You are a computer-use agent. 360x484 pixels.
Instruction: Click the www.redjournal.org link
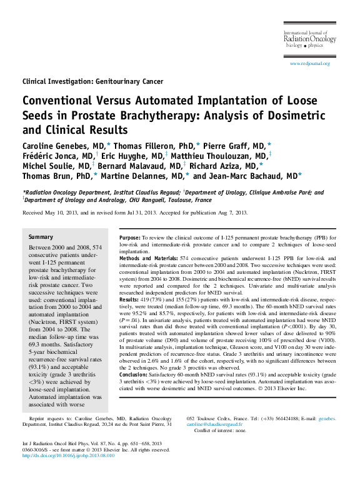tap(310, 64)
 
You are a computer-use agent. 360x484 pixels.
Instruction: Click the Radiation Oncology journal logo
tap(309, 39)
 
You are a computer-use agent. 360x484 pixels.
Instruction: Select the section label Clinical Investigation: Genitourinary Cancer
tap(92, 81)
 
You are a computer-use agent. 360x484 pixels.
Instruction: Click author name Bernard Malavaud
tap(153, 166)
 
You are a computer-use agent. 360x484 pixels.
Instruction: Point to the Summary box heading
tap(41, 238)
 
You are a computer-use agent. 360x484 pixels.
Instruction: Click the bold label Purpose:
tap(130, 238)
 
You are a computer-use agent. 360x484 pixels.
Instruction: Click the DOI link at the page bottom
tap(68, 456)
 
